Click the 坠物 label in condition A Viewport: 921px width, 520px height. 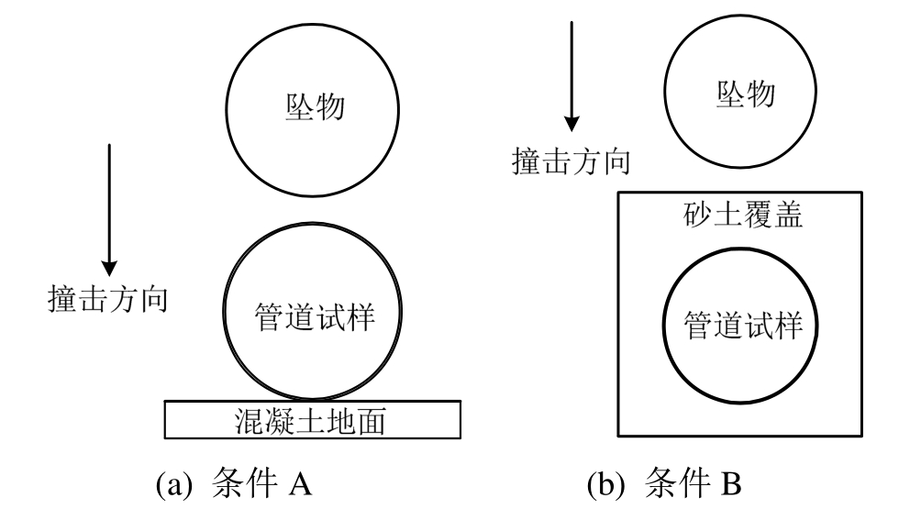[312, 107]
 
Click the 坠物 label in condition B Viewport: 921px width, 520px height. [744, 94]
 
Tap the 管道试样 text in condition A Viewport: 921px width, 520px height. [315, 315]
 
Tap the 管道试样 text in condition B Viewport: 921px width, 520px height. [744, 326]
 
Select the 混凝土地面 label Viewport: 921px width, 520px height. [311, 422]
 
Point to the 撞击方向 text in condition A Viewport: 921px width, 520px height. [106, 300]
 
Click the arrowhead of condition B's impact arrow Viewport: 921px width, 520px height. [572, 122]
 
